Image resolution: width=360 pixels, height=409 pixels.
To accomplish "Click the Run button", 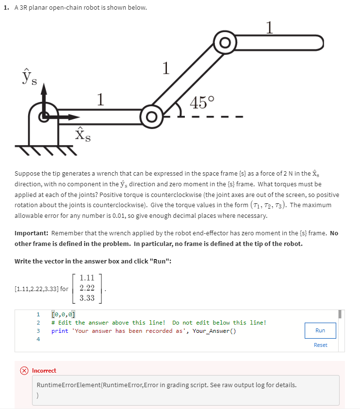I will pos(320,330).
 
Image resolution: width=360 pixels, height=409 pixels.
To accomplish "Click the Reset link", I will pos(320,345).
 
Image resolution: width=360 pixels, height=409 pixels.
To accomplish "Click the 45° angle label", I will pos(202,103).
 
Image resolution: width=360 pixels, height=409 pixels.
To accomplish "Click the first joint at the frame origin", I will pos(44,116).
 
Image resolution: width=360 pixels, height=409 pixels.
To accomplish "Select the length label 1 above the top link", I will pos(270,27).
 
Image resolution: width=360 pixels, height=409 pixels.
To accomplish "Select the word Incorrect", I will pos(44,371).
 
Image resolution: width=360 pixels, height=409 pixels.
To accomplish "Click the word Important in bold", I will pos(31,233).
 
